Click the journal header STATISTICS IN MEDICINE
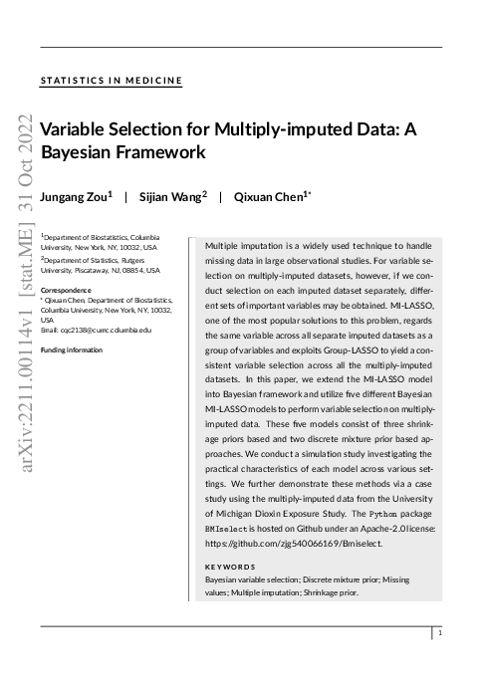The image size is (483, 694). coord(111,81)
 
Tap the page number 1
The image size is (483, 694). coord(440,632)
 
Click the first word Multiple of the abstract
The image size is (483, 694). coord(224,245)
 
